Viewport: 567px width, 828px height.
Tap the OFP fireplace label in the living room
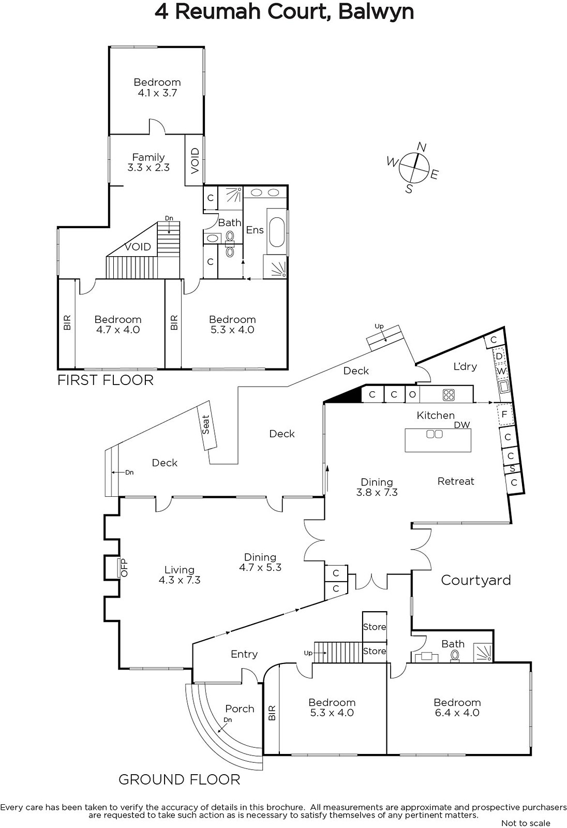click(124, 567)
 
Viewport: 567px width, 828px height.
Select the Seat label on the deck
click(205, 424)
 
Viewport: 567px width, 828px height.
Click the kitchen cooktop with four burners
click(449, 394)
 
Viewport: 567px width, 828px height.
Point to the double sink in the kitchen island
click(435, 434)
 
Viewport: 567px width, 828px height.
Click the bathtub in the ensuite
click(277, 232)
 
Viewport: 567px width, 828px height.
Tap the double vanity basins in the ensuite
click(262, 192)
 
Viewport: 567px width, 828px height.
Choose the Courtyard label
click(476, 581)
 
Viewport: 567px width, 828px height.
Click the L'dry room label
click(465, 366)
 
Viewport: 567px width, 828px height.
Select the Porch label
click(240, 708)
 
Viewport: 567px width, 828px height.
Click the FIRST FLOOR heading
click(106, 380)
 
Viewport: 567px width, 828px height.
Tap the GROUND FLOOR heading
click(180, 779)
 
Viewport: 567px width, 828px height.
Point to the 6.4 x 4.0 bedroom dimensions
click(457, 713)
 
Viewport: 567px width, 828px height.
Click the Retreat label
click(456, 481)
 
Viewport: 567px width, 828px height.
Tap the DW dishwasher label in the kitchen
click(462, 425)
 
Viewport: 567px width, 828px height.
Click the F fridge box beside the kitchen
click(504, 415)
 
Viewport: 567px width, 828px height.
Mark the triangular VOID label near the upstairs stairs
click(138, 246)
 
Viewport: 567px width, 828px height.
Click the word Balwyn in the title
click(376, 12)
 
